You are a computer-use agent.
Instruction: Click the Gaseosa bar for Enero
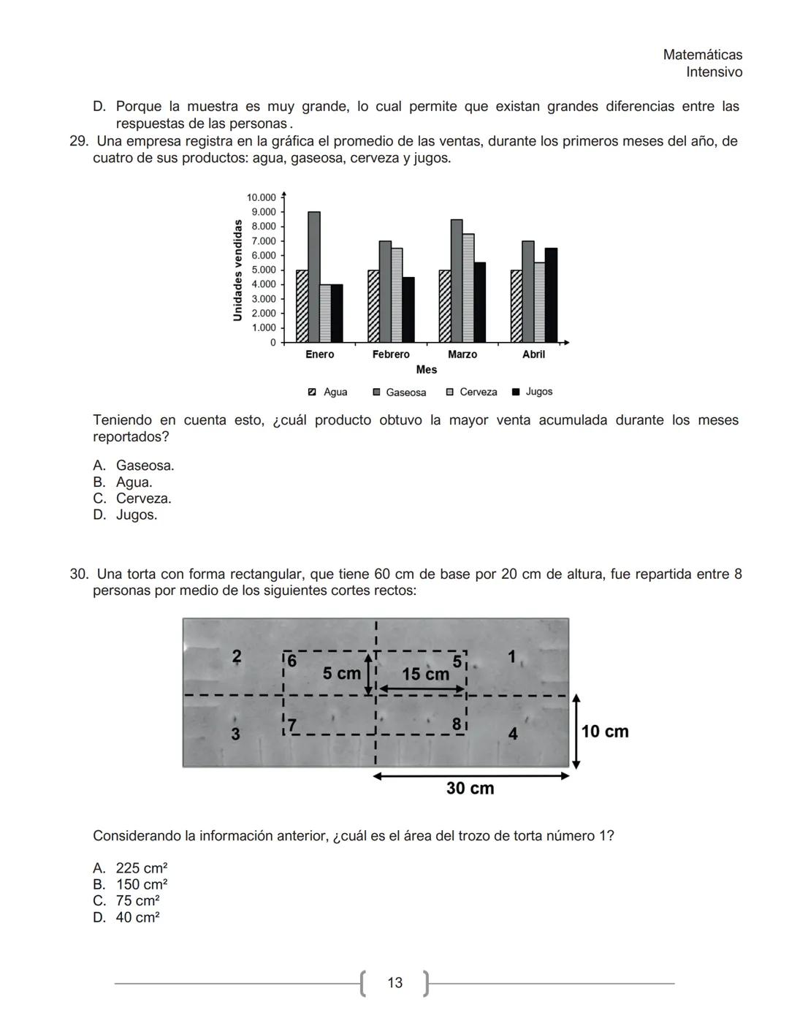[x=313, y=277]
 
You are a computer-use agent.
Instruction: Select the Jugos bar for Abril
[x=551, y=295]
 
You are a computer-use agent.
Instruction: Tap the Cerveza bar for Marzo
[x=468, y=288]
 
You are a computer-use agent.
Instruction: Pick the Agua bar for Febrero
[x=373, y=306]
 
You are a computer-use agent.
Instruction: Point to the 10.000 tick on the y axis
[x=262, y=197]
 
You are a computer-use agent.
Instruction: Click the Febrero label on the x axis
[x=391, y=354]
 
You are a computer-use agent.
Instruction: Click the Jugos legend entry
[x=533, y=392]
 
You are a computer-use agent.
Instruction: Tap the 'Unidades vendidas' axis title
[x=237, y=270]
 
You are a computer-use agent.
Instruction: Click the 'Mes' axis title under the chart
[x=427, y=370]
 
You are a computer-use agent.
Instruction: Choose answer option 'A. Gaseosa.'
[x=134, y=466]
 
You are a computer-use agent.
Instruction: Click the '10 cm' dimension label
[x=605, y=732]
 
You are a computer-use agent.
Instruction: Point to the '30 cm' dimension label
[x=470, y=789]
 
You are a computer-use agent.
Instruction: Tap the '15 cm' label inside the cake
[x=425, y=675]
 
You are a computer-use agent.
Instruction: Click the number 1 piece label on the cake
[x=511, y=657]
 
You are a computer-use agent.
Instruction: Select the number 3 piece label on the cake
[x=235, y=734]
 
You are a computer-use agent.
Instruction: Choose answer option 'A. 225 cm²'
[x=130, y=868]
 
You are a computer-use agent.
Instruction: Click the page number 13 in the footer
[x=394, y=983]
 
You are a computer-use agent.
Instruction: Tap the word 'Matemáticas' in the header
[x=702, y=55]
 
